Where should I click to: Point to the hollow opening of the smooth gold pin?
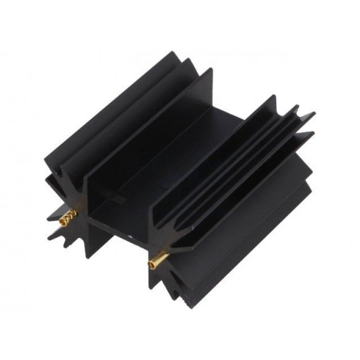point(151,265)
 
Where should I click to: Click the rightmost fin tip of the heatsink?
point(315,113)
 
